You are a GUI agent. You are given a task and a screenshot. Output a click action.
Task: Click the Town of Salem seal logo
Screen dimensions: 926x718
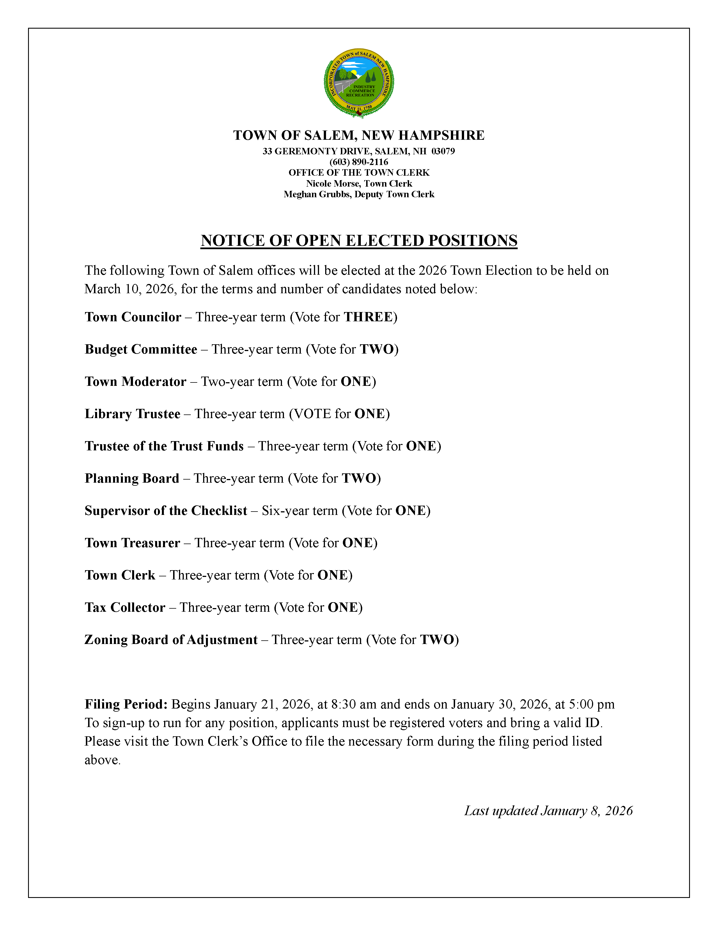point(359,83)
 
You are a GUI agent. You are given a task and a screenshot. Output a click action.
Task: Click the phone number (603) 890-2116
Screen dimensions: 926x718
point(359,162)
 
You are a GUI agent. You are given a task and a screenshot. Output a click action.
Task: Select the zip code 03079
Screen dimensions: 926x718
point(443,151)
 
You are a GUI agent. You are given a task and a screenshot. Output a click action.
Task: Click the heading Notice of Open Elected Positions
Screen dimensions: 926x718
point(359,240)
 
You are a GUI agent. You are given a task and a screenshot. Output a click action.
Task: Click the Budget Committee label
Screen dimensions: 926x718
point(141,349)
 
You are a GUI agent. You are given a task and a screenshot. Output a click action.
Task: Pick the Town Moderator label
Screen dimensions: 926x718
point(135,382)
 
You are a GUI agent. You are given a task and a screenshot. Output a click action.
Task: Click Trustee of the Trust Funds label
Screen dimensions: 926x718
point(164,446)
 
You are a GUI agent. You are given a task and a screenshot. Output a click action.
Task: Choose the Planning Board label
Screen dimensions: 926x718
point(132,478)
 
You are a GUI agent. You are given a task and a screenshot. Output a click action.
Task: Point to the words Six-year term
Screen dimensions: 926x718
point(299,510)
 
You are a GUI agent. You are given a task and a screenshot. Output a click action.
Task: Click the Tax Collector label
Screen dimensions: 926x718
point(125,607)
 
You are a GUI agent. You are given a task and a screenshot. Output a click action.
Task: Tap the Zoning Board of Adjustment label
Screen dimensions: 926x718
point(171,640)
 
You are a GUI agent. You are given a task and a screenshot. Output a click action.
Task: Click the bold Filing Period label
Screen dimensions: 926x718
point(126,704)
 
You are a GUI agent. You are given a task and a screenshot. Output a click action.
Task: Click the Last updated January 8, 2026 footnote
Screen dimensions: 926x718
point(548,811)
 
